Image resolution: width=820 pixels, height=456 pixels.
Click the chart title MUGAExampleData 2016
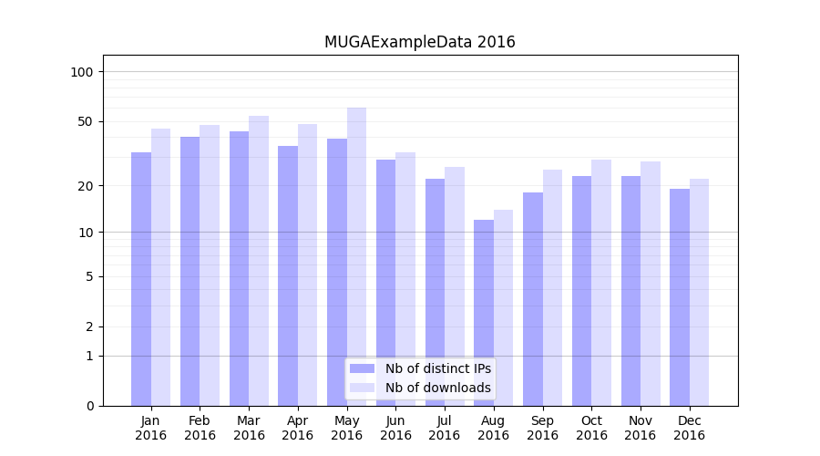click(x=419, y=42)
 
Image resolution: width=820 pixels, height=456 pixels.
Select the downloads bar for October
click(x=601, y=283)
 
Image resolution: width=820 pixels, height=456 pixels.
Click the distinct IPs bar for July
click(x=435, y=292)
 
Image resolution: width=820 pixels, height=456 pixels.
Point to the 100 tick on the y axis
click(x=82, y=72)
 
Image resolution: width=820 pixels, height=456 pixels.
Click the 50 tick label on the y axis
click(x=86, y=121)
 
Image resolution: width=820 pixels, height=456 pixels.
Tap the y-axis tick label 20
click(x=86, y=186)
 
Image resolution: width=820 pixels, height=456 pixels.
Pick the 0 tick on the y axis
click(x=89, y=406)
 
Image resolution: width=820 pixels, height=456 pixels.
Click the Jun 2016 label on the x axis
click(x=395, y=428)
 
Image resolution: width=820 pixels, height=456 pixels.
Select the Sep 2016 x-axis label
click(x=542, y=428)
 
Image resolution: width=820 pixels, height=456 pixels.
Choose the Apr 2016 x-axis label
click(x=298, y=428)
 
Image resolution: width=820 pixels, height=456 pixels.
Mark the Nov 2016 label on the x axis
click(x=641, y=428)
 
